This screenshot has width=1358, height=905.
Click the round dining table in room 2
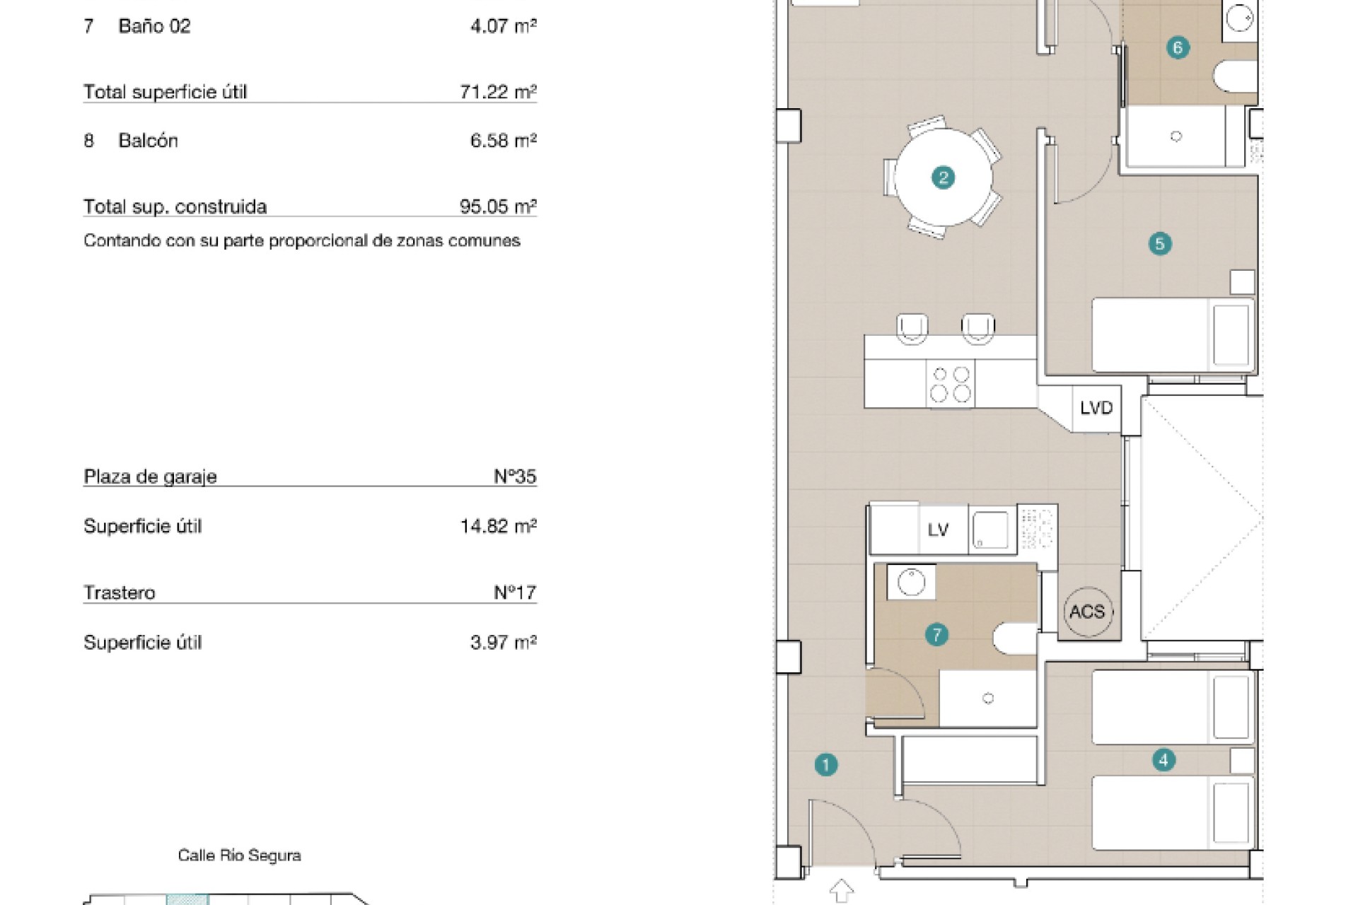943,177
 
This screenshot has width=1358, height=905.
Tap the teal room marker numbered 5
1159,244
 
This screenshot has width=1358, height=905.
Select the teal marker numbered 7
936,634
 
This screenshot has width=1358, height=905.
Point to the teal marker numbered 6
1178,47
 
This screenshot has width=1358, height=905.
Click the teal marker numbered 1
825,764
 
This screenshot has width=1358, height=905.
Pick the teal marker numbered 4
1163,760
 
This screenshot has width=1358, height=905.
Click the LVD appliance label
1096,408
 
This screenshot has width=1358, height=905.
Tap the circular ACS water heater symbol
1087,612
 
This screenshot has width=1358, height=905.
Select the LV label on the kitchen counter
938,530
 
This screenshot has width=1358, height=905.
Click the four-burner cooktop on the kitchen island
951,383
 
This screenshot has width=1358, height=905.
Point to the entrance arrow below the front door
841,890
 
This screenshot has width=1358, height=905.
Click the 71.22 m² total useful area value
498,91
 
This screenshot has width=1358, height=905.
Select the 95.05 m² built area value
498,206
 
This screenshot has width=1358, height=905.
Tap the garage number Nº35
515,477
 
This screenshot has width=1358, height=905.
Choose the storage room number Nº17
515,592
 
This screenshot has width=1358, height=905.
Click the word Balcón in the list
148,141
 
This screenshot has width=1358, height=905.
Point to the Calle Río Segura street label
239,856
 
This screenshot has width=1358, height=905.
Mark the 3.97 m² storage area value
503,643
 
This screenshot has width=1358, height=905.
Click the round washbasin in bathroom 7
911,583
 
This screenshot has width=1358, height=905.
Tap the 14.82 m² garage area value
498,526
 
